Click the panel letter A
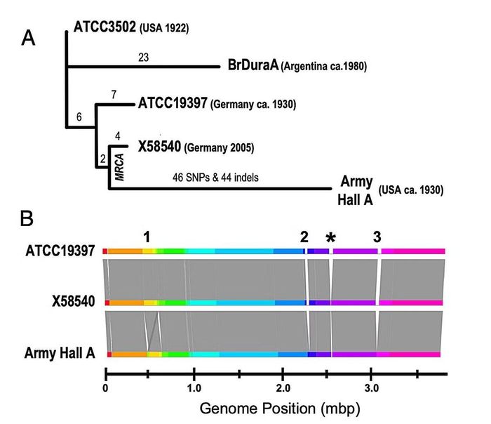(28, 39)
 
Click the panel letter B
(27, 218)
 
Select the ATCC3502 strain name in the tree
(105, 27)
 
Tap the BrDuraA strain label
(253, 65)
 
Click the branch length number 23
(143, 58)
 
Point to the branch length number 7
(114, 94)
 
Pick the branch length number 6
(79, 117)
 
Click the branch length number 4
(117, 136)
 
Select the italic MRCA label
(120, 167)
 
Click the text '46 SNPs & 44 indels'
(215, 178)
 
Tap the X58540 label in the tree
(159, 146)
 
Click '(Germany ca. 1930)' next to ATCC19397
(253, 104)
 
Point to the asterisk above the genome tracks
(330, 237)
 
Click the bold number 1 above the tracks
(147, 237)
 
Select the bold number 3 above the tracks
(377, 237)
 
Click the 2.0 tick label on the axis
(283, 388)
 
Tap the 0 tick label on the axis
(105, 388)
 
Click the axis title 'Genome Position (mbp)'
(280, 409)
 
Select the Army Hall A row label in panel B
(60, 353)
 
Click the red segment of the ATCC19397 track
(105, 251)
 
